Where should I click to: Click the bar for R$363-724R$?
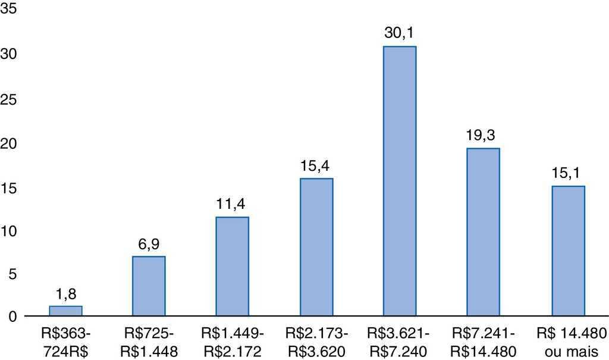click(x=65, y=311)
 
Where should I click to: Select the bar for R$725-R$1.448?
click(x=149, y=286)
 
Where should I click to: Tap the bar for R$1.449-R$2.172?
click(x=232, y=267)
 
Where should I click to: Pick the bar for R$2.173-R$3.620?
click(x=316, y=248)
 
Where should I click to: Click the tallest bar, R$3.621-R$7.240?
click(x=399, y=181)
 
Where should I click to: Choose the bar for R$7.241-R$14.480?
click(x=483, y=232)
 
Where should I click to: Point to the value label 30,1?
click(x=399, y=34)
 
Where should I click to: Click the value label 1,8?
click(x=65, y=293)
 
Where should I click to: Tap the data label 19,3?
click(x=483, y=136)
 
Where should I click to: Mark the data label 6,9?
click(x=149, y=244)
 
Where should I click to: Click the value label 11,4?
click(x=232, y=205)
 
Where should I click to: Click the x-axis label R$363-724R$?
click(x=65, y=342)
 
